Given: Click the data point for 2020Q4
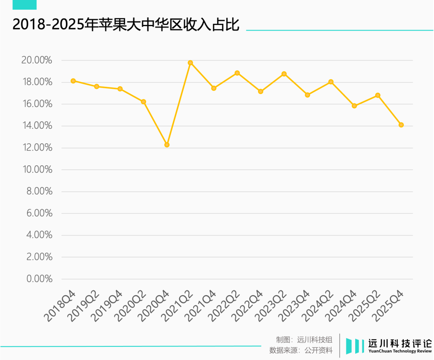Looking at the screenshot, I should click(x=167, y=145).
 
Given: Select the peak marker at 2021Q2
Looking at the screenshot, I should click(x=190, y=63).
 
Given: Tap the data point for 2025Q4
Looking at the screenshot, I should click(x=401, y=125).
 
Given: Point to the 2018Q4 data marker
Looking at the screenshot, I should click(x=73, y=81).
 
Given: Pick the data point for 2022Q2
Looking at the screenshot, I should click(x=237, y=73).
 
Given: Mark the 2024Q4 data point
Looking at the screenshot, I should click(x=354, y=106).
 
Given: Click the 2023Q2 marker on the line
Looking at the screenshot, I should click(x=284, y=74).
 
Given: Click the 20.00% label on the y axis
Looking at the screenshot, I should click(x=37, y=61).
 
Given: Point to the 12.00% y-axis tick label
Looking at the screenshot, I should click(x=37, y=148).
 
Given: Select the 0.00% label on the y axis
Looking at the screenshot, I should click(x=39, y=279).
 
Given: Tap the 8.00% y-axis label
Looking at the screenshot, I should click(x=39, y=191).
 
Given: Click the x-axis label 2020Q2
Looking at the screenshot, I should click(x=130, y=305).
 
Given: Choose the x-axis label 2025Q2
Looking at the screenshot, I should click(x=364, y=305).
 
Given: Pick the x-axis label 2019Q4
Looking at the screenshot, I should click(x=106, y=305).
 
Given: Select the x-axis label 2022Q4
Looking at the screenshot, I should click(x=247, y=305).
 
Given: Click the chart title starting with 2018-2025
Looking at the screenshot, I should click(x=126, y=25).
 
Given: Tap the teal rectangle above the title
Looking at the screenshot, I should click(x=25, y=4).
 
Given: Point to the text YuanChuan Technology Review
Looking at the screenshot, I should click(x=400, y=351).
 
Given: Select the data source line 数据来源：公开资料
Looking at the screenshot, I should click(x=301, y=350).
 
